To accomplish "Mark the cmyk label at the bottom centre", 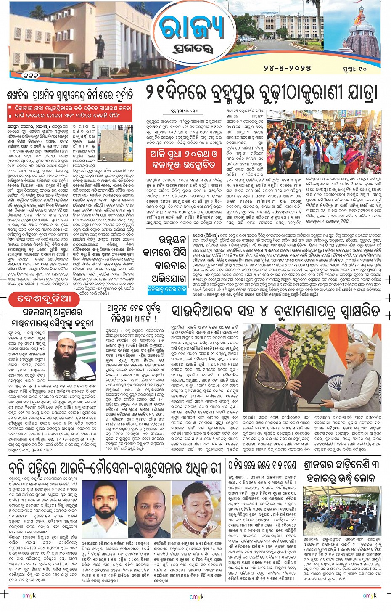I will pyautogui.click(x=196, y=596).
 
